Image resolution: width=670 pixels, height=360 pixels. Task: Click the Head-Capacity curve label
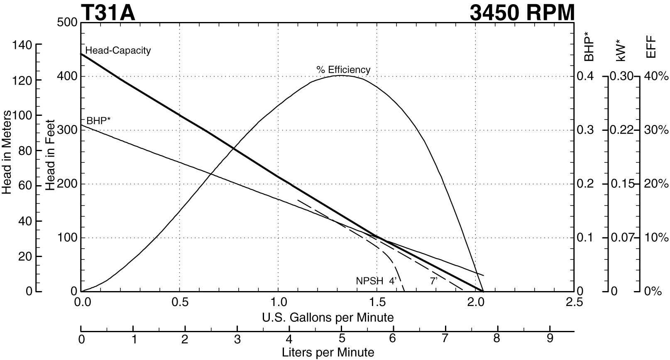point(118,51)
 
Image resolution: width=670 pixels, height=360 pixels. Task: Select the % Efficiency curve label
point(343,69)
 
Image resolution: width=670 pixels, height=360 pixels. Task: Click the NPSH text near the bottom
point(369,281)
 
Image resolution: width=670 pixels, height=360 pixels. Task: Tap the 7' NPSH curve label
point(434,281)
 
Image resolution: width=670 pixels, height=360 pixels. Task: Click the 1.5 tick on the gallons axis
point(377,301)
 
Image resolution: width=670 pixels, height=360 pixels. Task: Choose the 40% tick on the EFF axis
point(656,76)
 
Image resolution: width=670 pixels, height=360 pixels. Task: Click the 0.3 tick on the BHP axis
point(585,130)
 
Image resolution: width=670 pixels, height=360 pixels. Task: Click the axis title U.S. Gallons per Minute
point(328,318)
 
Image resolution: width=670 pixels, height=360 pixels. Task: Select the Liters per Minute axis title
point(328,353)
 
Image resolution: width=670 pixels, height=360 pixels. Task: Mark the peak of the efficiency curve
point(340,76)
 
